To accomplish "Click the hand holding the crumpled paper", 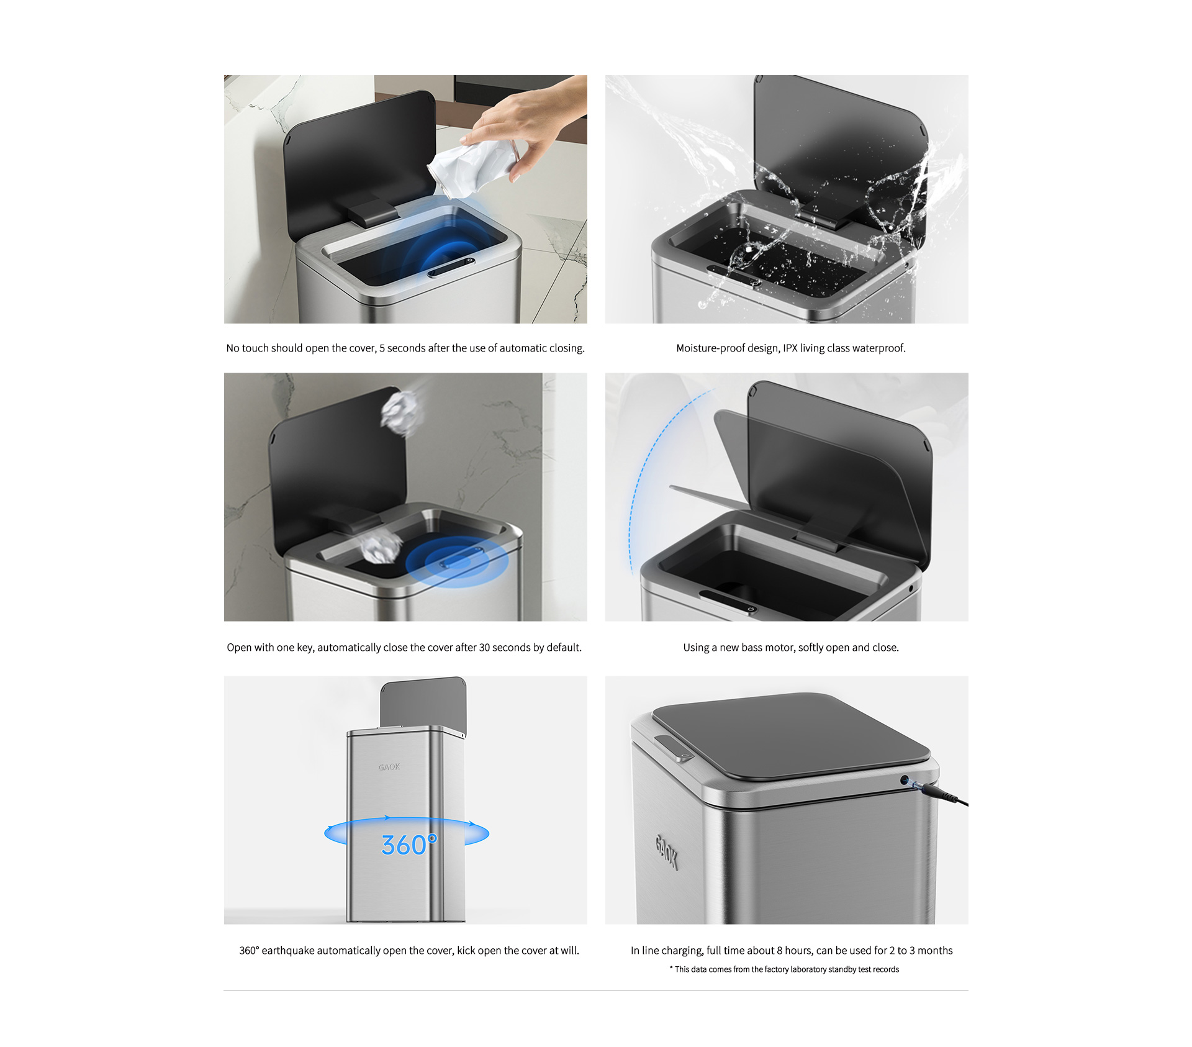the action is (x=528, y=124).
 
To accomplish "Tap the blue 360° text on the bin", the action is (x=409, y=845).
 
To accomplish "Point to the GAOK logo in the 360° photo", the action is (x=389, y=767).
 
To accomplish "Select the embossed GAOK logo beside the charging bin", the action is (x=666, y=852).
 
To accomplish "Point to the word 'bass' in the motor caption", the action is (x=751, y=648).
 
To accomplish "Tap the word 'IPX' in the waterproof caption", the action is (x=790, y=348).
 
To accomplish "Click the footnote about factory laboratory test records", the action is (x=784, y=969).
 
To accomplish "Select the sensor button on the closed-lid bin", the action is (x=674, y=747).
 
